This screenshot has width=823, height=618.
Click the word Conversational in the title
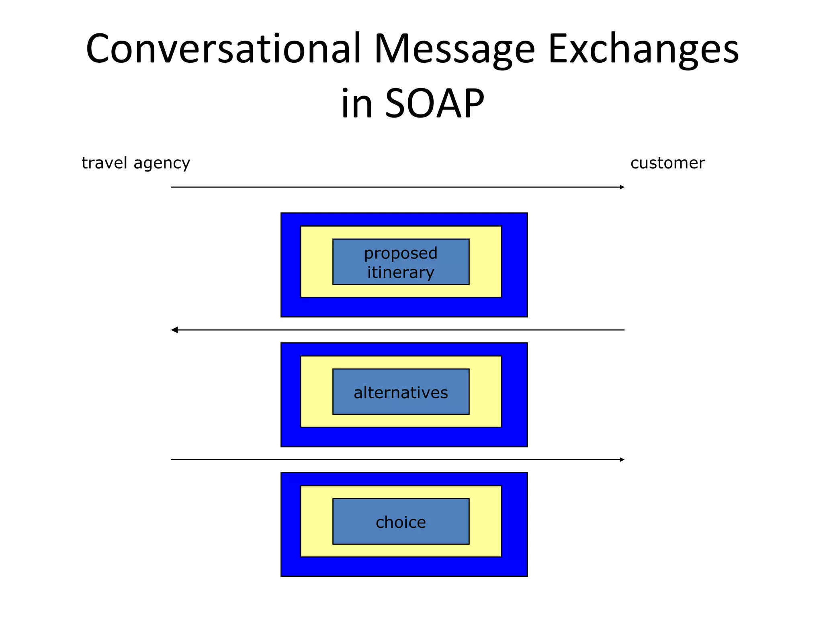223,49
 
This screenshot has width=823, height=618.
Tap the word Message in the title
454,49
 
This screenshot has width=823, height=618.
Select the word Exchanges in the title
643,49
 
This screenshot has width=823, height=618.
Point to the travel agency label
136,163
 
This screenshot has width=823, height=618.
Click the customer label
667,163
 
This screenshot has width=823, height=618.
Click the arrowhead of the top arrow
622,187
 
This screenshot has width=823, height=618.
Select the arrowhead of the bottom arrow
622,459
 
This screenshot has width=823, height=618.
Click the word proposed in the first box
401,253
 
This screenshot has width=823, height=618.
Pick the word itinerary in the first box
401,272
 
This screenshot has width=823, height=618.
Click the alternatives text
401,392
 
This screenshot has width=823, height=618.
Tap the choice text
401,522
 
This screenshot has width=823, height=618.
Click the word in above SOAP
357,104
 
